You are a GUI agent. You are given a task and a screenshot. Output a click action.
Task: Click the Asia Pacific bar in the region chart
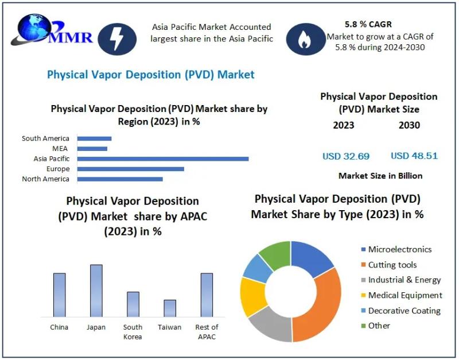[163, 158]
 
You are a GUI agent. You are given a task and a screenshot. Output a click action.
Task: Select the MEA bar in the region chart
[92, 149]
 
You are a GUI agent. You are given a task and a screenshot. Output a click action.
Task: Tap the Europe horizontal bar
[130, 169]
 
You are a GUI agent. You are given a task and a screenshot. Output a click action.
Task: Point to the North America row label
[45, 179]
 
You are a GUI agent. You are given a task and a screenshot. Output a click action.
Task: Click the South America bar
[94, 138]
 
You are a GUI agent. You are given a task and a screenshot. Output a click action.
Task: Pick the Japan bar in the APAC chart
[96, 291]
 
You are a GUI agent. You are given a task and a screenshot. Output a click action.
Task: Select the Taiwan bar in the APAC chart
[170, 308]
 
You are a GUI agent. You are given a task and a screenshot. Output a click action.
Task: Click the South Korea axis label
[133, 332]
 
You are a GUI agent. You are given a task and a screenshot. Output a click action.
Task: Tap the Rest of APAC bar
[207, 295]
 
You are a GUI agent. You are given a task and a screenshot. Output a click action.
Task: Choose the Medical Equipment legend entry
[405, 295]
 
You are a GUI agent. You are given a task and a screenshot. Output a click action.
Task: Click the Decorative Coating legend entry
[404, 311]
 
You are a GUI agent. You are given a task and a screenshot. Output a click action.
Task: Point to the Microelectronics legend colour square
[363, 250]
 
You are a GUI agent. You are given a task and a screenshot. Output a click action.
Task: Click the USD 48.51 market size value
[414, 156]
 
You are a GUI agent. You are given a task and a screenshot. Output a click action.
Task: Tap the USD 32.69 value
[346, 156]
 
